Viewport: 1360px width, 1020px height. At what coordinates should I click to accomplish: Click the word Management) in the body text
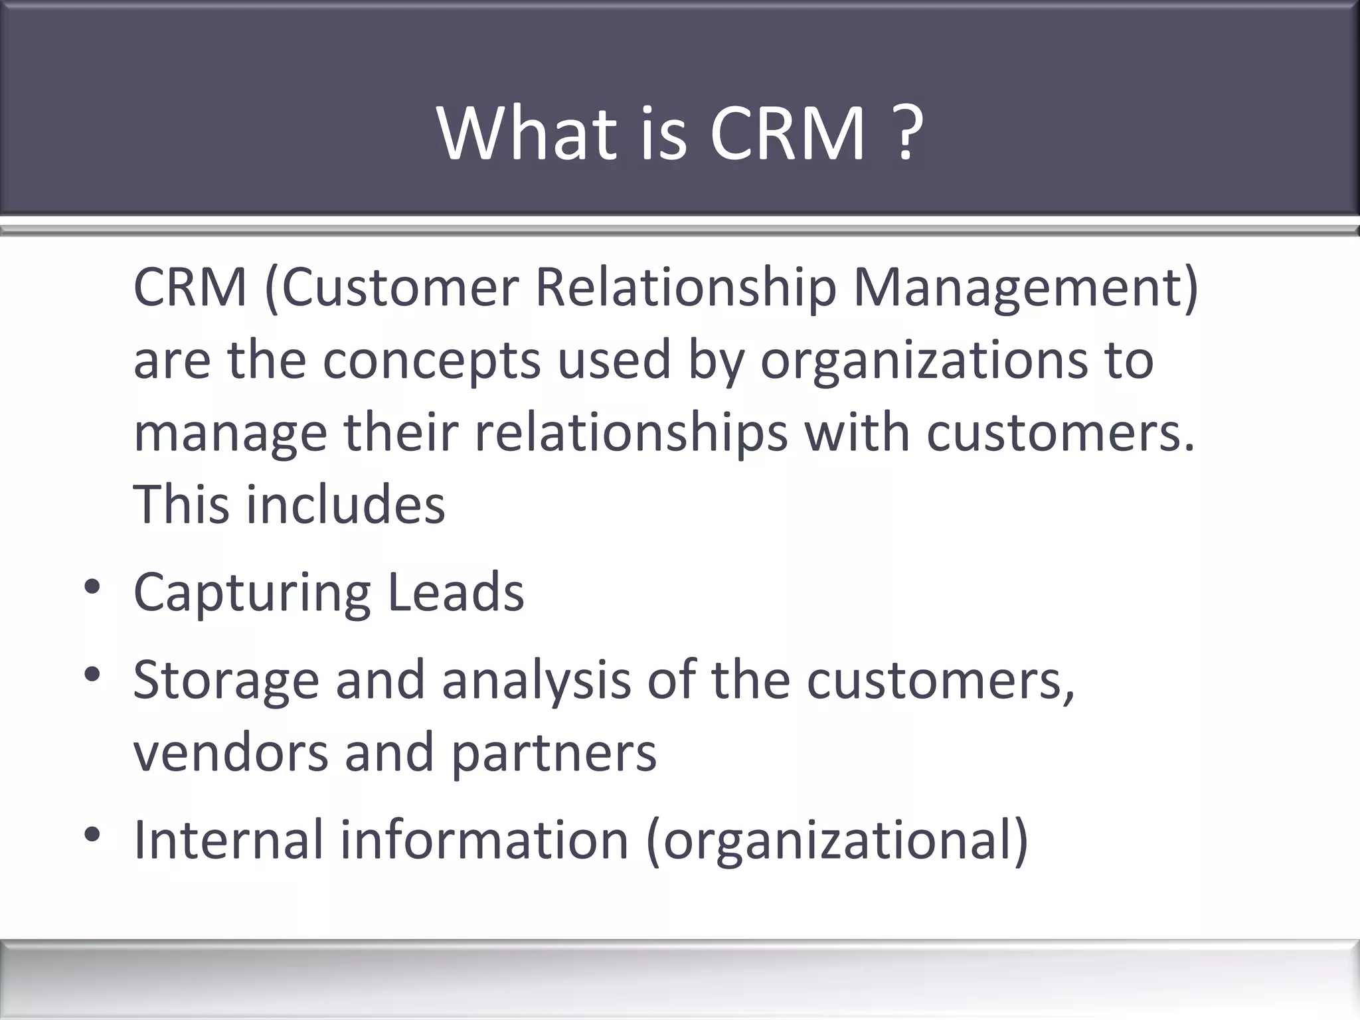(x=1025, y=288)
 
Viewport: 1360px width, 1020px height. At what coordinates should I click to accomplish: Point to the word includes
(x=345, y=505)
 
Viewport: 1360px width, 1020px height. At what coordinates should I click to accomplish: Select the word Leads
(x=456, y=592)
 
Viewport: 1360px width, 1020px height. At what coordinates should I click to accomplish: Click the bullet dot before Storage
(x=92, y=675)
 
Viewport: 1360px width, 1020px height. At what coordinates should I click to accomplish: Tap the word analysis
(x=536, y=681)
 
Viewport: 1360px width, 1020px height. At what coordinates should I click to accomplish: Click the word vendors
(x=230, y=752)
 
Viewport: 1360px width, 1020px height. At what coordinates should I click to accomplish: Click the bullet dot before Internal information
(x=92, y=835)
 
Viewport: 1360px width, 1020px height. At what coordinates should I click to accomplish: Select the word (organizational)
(x=837, y=841)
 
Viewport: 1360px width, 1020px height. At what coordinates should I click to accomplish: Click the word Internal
(x=228, y=839)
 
